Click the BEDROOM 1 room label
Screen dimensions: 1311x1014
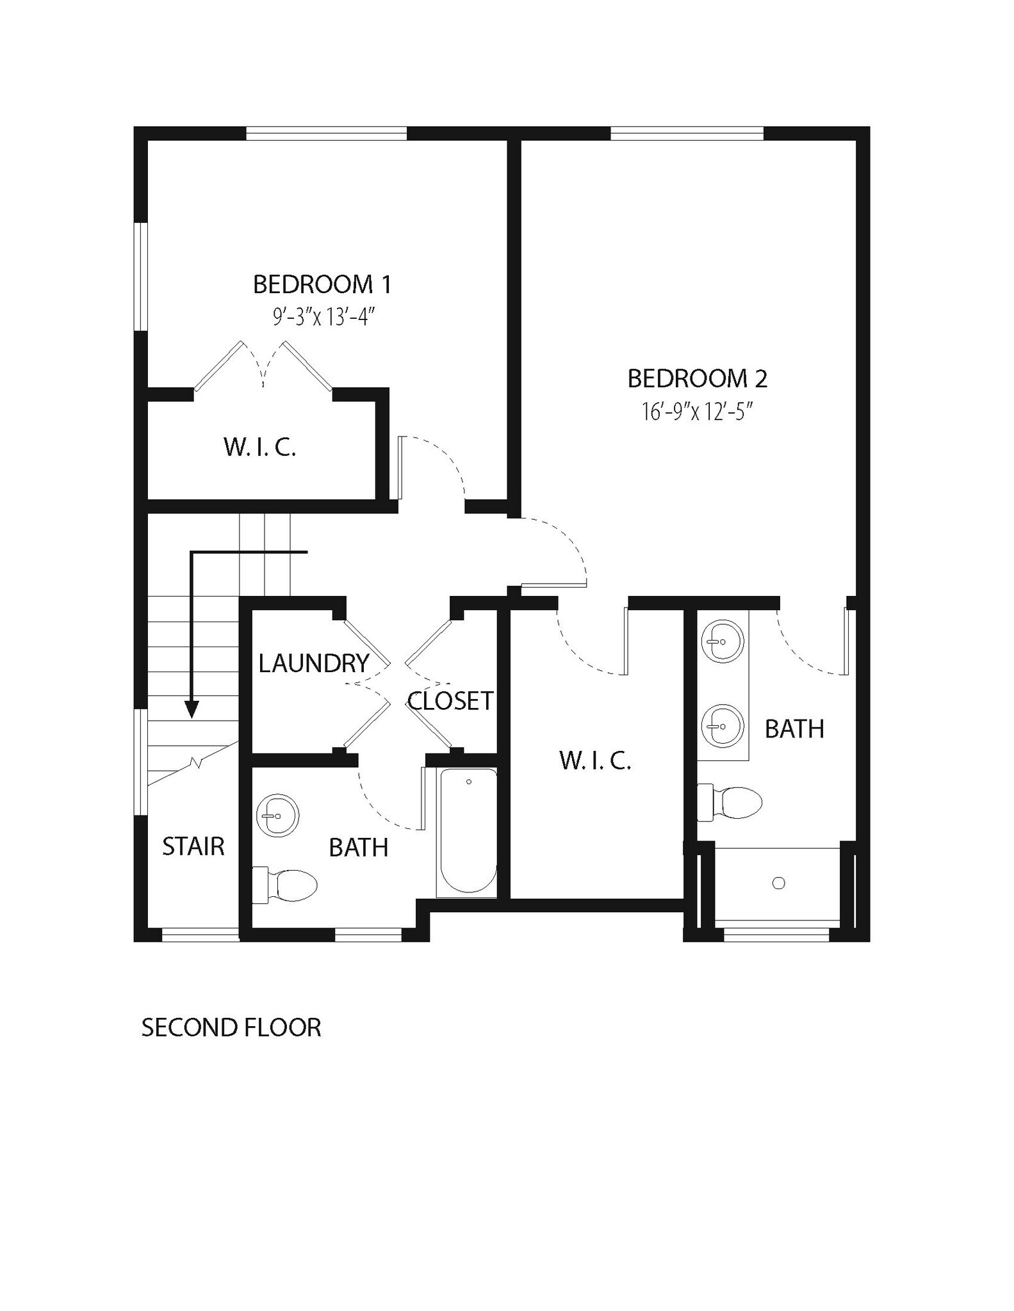point(322,285)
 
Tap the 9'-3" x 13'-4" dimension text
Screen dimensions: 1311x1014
point(323,317)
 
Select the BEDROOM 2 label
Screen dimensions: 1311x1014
point(697,379)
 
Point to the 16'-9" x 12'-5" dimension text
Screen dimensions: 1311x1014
point(697,412)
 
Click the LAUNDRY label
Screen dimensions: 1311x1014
point(314,664)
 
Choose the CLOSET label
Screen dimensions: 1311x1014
point(450,702)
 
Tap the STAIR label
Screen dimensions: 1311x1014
point(193,847)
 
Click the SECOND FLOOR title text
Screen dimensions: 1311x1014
point(231,1028)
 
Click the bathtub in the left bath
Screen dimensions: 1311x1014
point(468,832)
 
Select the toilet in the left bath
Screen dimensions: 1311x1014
point(287,885)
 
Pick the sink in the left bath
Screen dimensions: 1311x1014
point(277,816)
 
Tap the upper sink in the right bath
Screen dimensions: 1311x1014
point(723,641)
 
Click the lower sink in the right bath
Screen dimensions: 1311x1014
point(723,726)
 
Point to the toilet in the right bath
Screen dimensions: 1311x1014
point(730,802)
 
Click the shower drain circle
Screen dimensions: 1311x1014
point(779,883)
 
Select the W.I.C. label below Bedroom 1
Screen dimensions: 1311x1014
point(260,447)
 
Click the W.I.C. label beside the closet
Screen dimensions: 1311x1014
point(595,760)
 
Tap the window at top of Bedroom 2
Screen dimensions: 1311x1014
point(687,133)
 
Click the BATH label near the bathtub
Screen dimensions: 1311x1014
point(359,848)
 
